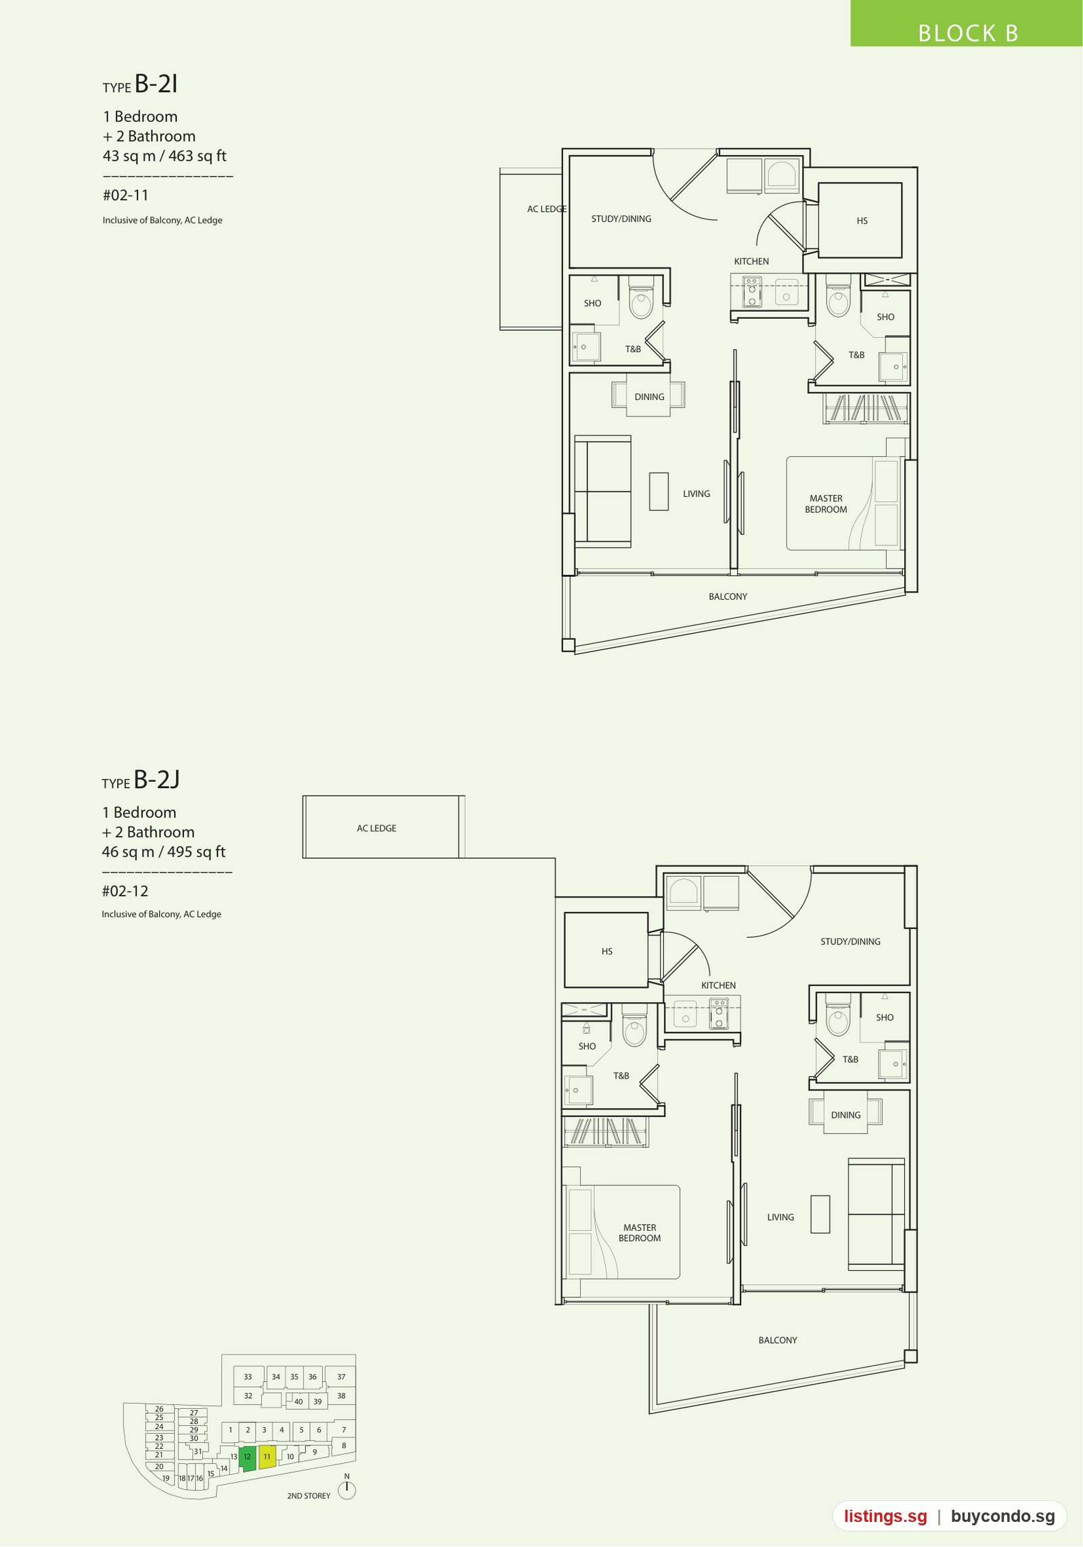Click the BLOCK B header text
tap(968, 33)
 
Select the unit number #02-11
tap(125, 196)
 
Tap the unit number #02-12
tap(125, 891)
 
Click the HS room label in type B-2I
tap(862, 221)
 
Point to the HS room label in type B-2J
tap(607, 951)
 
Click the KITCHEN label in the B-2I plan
tap(751, 261)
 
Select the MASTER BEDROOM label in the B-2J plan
tap(640, 1232)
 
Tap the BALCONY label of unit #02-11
tap(728, 596)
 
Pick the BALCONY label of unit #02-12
tap(778, 1340)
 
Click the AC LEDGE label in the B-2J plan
tap(376, 828)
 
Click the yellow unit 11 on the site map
tap(267, 1456)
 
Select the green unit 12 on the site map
tap(248, 1458)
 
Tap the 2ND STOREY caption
tap(309, 1496)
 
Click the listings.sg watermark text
tap(885, 1517)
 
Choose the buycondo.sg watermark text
tap(1002, 1517)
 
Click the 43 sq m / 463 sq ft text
tap(164, 156)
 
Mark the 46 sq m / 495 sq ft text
tap(164, 852)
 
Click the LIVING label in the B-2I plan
tap(697, 494)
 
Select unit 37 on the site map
tap(341, 1376)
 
